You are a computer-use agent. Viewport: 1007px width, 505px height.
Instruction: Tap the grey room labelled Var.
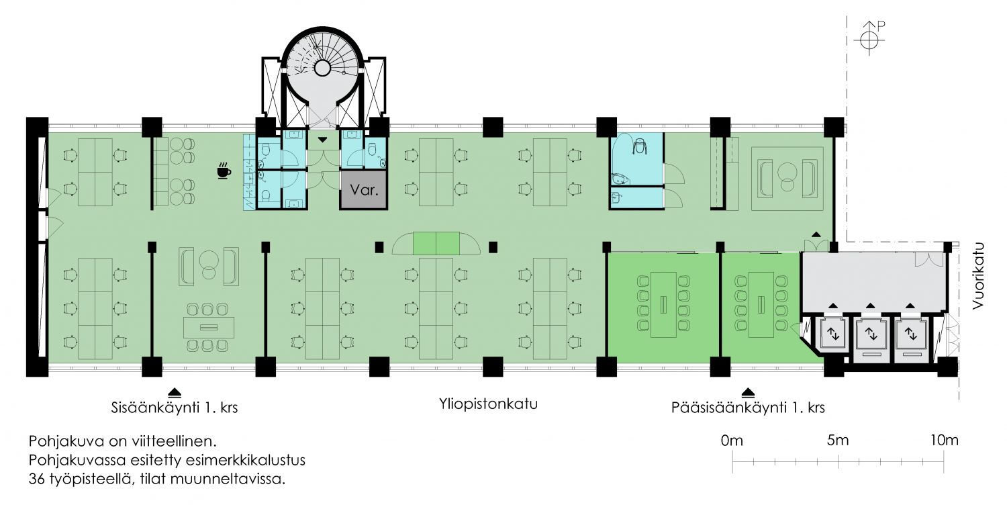pos(363,189)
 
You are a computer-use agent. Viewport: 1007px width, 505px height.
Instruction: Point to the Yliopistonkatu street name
pos(489,405)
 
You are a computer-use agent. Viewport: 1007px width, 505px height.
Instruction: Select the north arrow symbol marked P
pos(869,37)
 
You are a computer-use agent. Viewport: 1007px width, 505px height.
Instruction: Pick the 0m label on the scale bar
pos(732,441)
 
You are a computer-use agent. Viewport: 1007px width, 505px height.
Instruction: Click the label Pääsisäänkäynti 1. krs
pos(747,408)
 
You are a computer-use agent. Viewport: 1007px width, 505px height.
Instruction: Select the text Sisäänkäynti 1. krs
pos(175,407)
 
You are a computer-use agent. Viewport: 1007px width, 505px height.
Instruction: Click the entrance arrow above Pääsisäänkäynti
pos(747,392)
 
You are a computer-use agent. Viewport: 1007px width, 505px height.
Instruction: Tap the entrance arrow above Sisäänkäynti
pos(175,392)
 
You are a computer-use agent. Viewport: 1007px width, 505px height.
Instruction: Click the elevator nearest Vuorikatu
pos(910,333)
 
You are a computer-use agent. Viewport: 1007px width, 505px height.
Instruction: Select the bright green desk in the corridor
pos(436,242)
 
